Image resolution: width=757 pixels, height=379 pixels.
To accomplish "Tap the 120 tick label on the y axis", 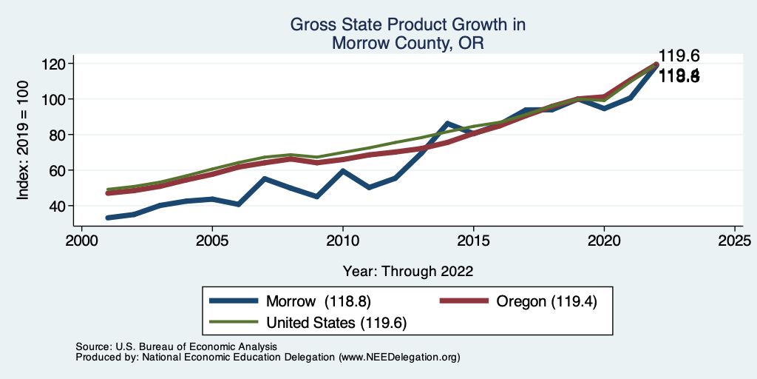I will pos(54,64).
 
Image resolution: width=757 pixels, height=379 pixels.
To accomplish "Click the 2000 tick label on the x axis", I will pos(81,241).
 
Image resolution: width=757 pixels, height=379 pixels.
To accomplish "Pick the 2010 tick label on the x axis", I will pos(342,241).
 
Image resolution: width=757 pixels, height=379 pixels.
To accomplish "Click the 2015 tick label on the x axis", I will pos(473,241).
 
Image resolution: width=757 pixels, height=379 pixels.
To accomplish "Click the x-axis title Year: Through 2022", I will pos(408,271).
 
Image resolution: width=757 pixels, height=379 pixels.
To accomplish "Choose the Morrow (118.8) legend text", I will pos(319,301).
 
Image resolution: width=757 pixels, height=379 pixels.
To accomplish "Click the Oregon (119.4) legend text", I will pos(546,301).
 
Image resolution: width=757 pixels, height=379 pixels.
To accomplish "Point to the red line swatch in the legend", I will pos(464,301).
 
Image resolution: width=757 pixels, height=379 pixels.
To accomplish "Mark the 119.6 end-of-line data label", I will pos(679,56).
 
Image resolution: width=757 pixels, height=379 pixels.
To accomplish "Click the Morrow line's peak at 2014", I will pos(447,123).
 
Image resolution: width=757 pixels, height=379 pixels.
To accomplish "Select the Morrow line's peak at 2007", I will pos(265,178).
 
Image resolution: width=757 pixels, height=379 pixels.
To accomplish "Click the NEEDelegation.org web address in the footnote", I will pos(399,357).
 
